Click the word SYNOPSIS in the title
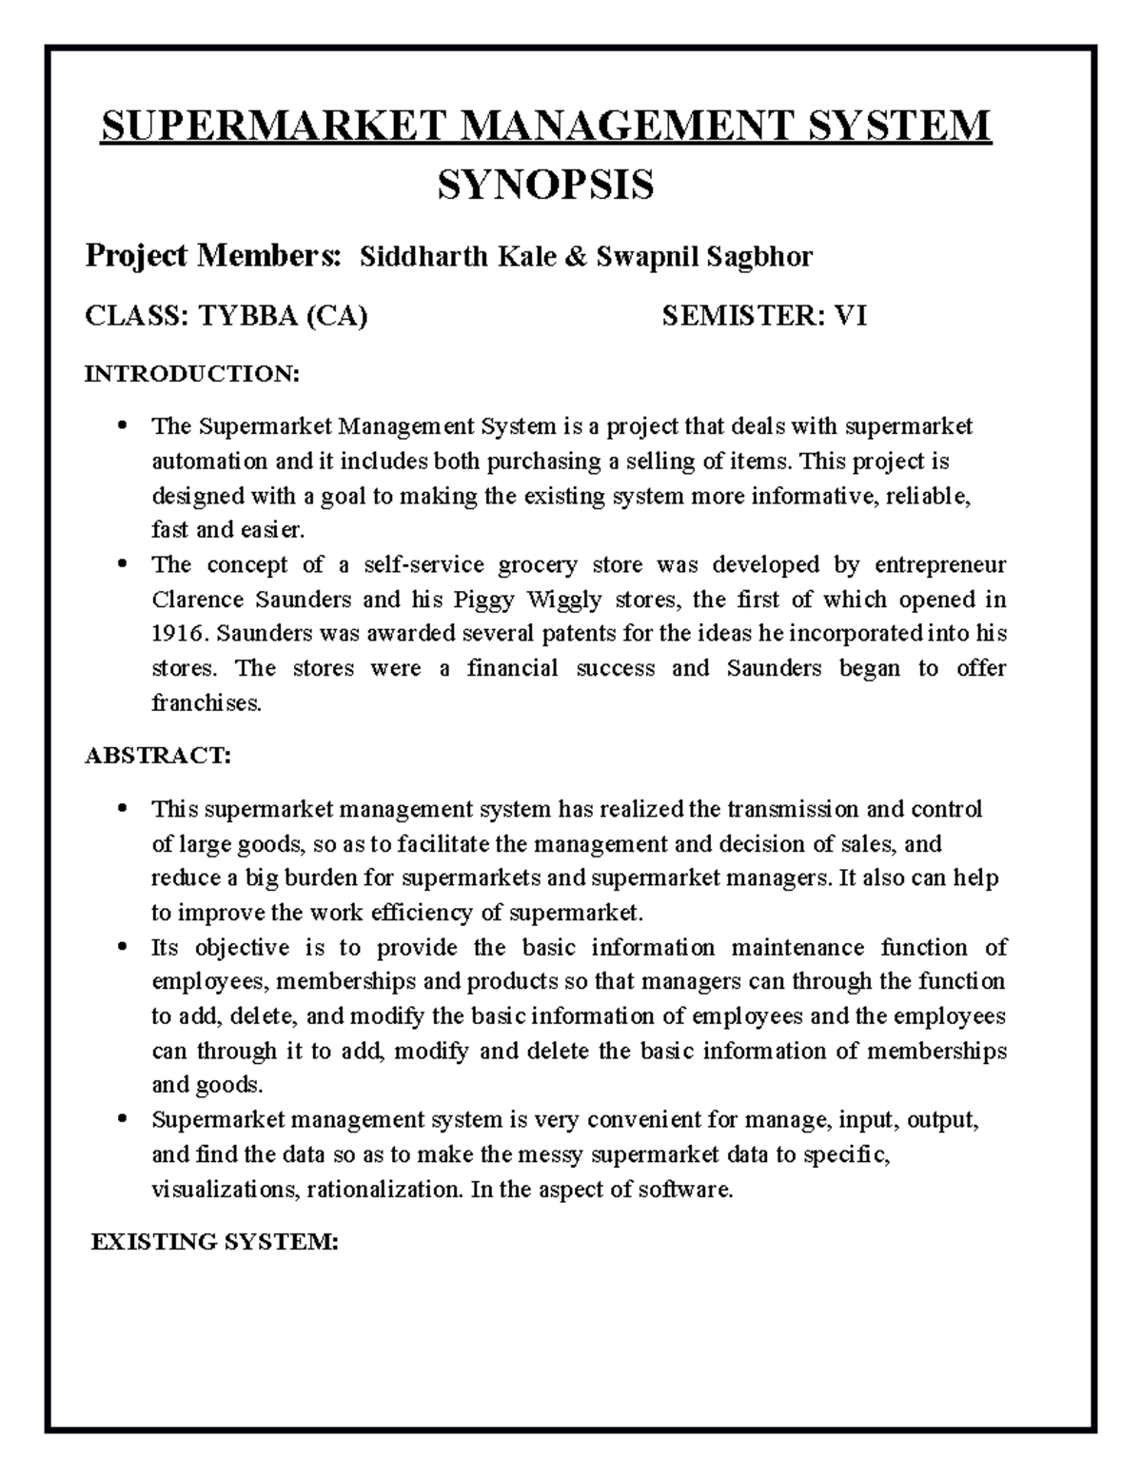click(x=545, y=185)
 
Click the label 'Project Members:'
click(x=212, y=257)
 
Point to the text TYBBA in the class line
click(x=247, y=316)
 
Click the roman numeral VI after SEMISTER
click(x=850, y=316)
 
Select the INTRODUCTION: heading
click(x=192, y=374)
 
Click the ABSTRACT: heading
click(x=157, y=756)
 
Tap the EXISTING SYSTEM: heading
click(x=214, y=1242)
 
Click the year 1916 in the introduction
click(x=177, y=634)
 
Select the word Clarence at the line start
click(x=197, y=600)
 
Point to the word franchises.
click(x=206, y=703)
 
